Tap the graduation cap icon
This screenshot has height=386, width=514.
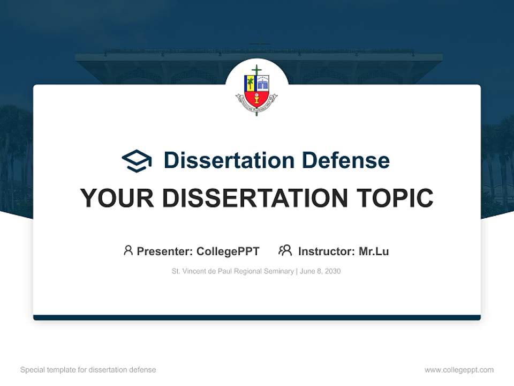[137, 161]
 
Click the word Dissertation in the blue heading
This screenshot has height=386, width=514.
[229, 160]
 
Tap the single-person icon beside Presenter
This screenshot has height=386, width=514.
[128, 250]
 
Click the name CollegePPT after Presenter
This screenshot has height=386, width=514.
[228, 251]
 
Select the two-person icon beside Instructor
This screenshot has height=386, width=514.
[285, 250]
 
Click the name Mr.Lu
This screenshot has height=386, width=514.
[374, 251]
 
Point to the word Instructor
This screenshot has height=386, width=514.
[326, 251]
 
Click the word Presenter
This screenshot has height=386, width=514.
[164, 251]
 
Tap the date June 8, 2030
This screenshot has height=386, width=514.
[320, 271]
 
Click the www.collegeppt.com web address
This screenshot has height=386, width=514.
[459, 370]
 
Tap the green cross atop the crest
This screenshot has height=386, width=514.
[256, 71]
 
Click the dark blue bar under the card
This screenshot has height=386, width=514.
[256, 317]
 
